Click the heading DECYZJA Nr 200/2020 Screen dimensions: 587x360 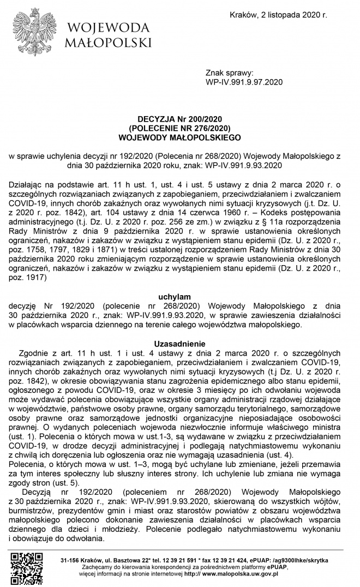(x=179, y=118)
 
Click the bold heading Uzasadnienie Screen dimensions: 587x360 (x=179, y=344)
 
